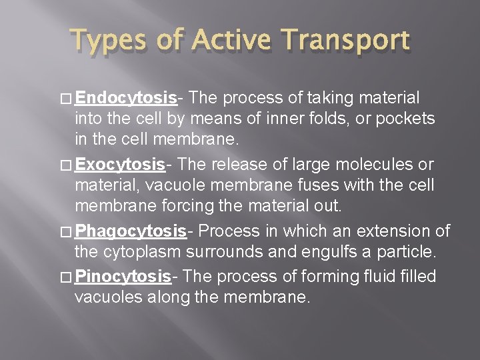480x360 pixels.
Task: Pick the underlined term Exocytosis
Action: click(x=120, y=164)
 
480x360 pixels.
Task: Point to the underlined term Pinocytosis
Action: click(x=123, y=276)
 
